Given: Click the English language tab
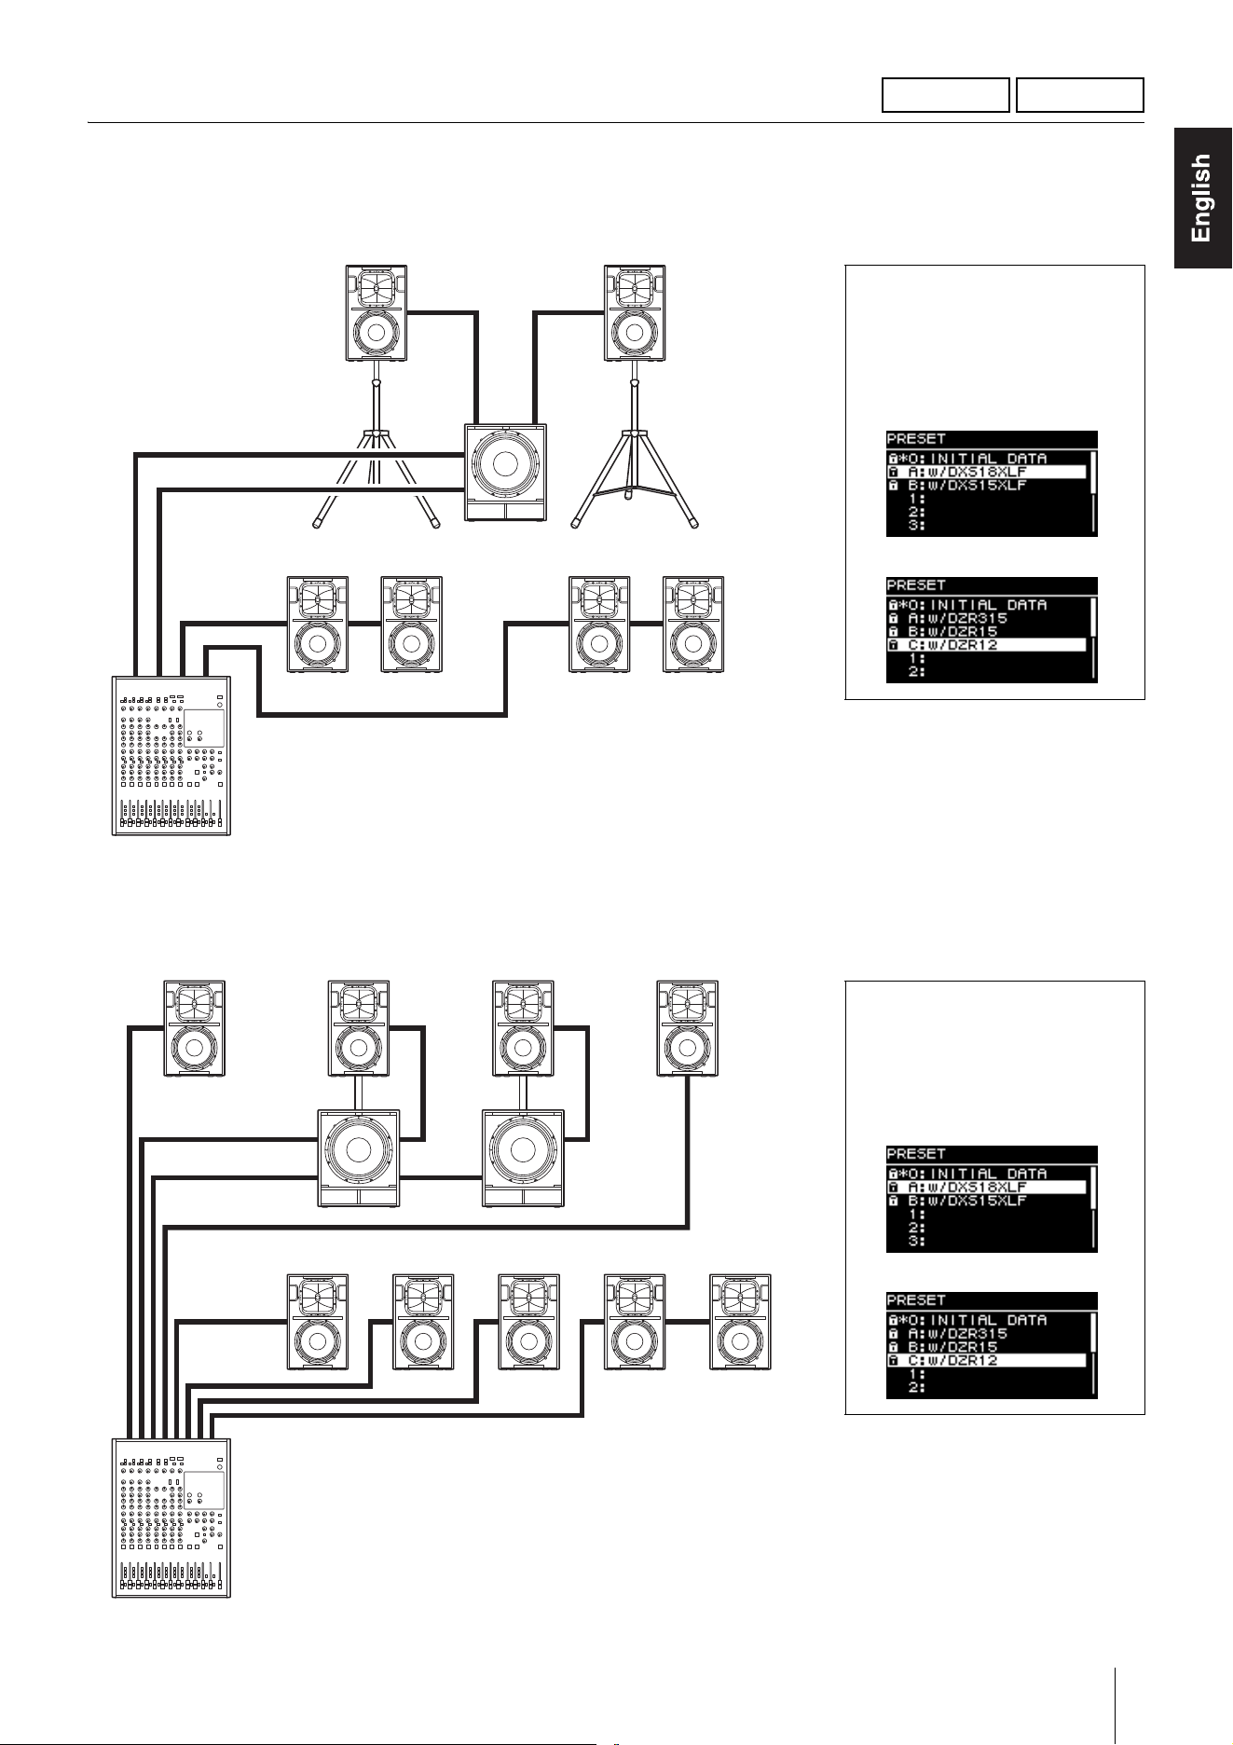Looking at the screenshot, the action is pos(1202,199).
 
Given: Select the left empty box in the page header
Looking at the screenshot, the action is pos(946,95).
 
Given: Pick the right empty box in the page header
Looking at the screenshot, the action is pos(1079,95).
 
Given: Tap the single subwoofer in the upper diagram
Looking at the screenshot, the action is pos(505,473).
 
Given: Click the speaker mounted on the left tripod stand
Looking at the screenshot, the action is pos(377,313).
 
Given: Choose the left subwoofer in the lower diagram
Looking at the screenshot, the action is pos(359,1159).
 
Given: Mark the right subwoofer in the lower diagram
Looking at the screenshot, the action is pos(523,1159).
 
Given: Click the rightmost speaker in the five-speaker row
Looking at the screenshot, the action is pos(741,1322).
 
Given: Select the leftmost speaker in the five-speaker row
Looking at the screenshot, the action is pos(318,1322).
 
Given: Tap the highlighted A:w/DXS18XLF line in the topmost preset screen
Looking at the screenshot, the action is pos(987,473).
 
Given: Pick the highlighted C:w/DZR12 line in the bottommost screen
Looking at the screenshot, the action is pos(987,1361).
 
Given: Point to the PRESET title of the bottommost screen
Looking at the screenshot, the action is pos(916,1300).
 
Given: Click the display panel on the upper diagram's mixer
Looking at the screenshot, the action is pos(204,728).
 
